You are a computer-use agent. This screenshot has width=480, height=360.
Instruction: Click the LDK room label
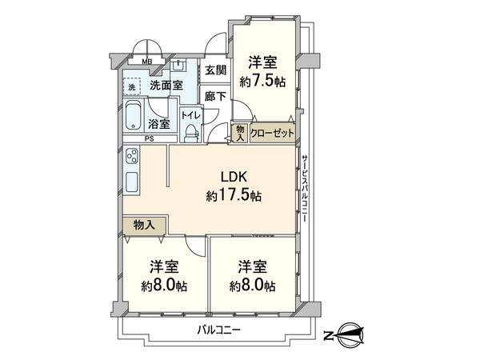[x=234, y=177]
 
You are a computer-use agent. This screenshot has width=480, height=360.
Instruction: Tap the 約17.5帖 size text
[x=234, y=196]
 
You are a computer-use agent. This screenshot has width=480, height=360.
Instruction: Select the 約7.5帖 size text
[x=262, y=82]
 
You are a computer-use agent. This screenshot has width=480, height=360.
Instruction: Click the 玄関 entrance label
[x=215, y=70]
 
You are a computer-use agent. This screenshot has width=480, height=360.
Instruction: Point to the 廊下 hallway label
[x=215, y=97]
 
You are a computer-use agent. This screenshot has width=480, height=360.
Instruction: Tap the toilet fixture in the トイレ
[x=192, y=134]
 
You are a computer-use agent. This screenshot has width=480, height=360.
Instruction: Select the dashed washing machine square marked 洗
[x=132, y=86]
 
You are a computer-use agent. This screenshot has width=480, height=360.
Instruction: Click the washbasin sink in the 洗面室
[x=178, y=66]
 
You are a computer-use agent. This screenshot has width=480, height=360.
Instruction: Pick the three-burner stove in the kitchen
[x=132, y=156]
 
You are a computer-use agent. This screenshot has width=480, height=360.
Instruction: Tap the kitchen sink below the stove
[x=132, y=182]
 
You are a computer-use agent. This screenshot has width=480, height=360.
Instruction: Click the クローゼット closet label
[x=272, y=133]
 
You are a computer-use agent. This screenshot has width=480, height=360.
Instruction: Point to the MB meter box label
[x=147, y=62]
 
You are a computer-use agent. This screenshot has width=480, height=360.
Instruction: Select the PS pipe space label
[x=150, y=138]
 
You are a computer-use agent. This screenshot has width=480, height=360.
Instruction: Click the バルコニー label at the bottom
[x=219, y=330]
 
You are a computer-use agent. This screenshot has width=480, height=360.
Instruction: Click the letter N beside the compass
[x=329, y=336]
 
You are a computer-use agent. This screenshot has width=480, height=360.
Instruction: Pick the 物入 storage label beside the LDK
[x=144, y=226]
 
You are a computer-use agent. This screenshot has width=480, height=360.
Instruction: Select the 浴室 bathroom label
[x=159, y=124]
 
